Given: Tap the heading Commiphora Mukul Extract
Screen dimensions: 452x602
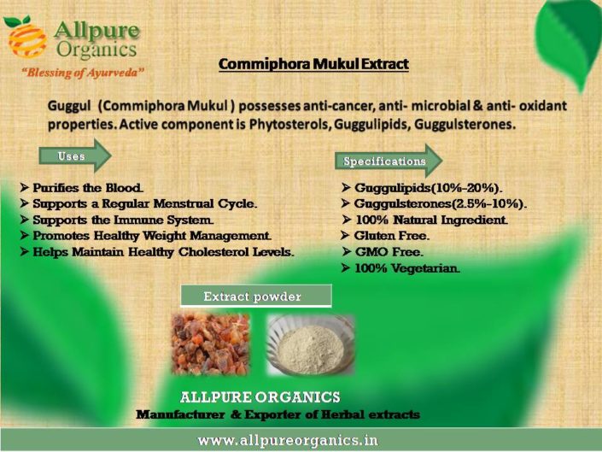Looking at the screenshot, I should coord(313,64).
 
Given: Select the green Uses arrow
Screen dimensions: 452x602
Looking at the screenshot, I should coord(75,156).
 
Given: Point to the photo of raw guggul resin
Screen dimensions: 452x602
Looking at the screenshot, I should coord(210,343).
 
